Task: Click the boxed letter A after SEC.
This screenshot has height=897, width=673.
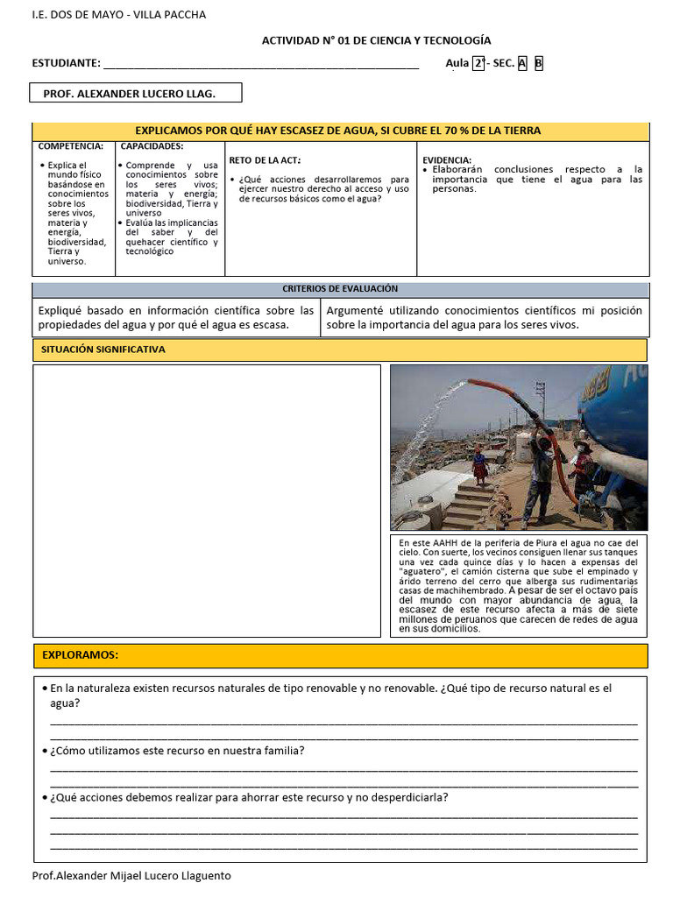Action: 522,63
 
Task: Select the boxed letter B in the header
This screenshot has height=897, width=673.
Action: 539,63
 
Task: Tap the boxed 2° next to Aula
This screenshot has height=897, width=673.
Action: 478,63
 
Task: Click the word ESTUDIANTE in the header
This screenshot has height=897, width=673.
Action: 66,63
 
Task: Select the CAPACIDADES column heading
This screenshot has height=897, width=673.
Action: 152,146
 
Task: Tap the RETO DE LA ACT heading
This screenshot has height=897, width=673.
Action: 265,159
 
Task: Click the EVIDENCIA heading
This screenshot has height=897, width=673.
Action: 447,159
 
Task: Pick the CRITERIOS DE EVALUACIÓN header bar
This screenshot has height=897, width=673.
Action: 340,289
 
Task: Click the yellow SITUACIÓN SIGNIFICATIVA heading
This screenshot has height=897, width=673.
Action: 103,350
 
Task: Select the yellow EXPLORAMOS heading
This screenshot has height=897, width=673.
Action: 81,655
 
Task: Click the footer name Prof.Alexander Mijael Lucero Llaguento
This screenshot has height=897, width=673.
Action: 131,875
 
